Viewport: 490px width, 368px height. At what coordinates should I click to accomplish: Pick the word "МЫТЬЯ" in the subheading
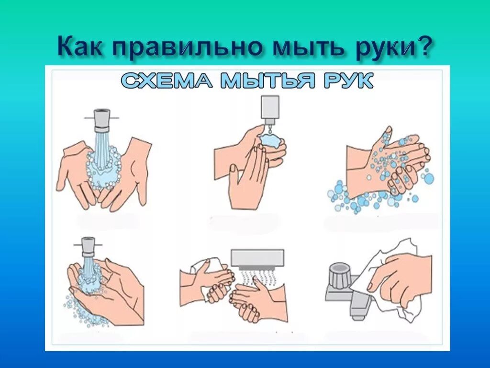[x=268, y=81]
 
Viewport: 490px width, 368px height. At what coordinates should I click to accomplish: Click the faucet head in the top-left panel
[x=101, y=120]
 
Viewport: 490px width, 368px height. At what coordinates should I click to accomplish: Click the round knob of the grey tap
[x=340, y=275]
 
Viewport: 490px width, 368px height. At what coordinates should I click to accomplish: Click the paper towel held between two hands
[x=211, y=268]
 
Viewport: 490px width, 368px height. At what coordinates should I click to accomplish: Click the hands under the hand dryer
[x=251, y=299]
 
